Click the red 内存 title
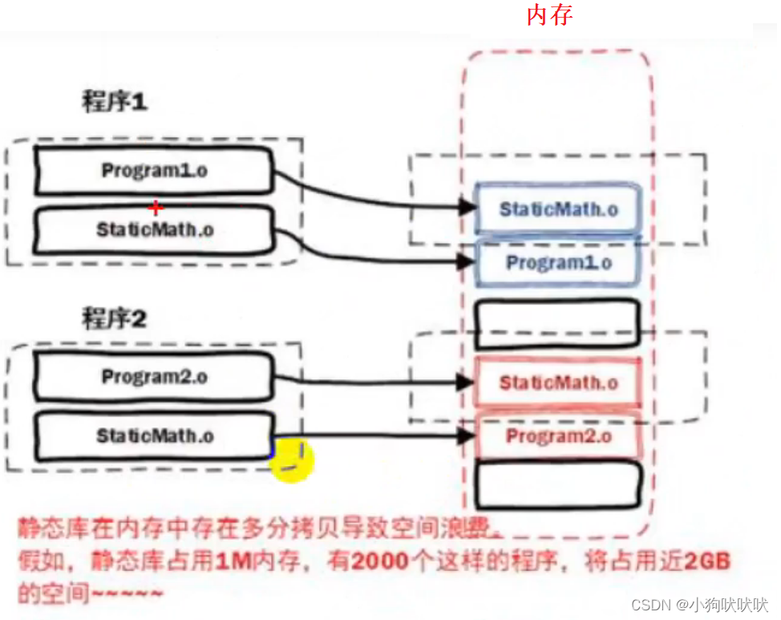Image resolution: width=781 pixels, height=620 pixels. tap(549, 14)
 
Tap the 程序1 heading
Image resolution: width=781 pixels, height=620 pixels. tap(115, 103)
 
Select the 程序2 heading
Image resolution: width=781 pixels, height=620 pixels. tap(115, 319)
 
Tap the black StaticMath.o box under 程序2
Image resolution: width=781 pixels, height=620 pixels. tap(154, 436)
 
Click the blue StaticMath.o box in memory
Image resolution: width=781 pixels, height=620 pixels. tap(559, 209)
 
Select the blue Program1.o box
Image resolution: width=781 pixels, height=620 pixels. tap(559, 262)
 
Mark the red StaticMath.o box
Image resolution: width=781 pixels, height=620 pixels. tap(559, 383)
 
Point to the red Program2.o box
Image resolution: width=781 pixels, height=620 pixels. tap(559, 436)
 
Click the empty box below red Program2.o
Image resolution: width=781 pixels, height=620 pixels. tap(559, 484)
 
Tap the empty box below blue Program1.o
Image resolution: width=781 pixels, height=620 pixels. tap(559, 322)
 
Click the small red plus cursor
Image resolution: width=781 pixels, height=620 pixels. tap(156, 208)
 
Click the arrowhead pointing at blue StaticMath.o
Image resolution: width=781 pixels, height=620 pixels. tap(467, 207)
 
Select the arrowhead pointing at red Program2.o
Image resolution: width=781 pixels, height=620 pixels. tap(467, 436)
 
